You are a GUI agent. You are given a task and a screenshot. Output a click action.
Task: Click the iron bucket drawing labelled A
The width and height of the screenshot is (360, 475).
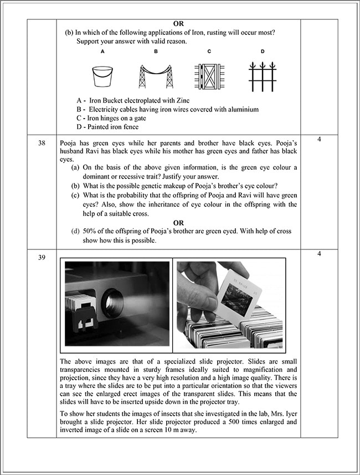pyautogui.click(x=102, y=76)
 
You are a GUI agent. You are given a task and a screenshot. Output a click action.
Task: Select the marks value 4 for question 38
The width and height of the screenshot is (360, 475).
pyautogui.click(x=319, y=139)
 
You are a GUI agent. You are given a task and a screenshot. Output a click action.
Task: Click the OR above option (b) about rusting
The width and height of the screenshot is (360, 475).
pyautogui.click(x=178, y=24)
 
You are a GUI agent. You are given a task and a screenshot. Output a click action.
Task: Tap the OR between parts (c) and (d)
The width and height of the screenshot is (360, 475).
pyautogui.click(x=178, y=223)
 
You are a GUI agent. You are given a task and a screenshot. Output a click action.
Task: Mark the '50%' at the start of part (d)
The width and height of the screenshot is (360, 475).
pyautogui.click(x=91, y=231)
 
